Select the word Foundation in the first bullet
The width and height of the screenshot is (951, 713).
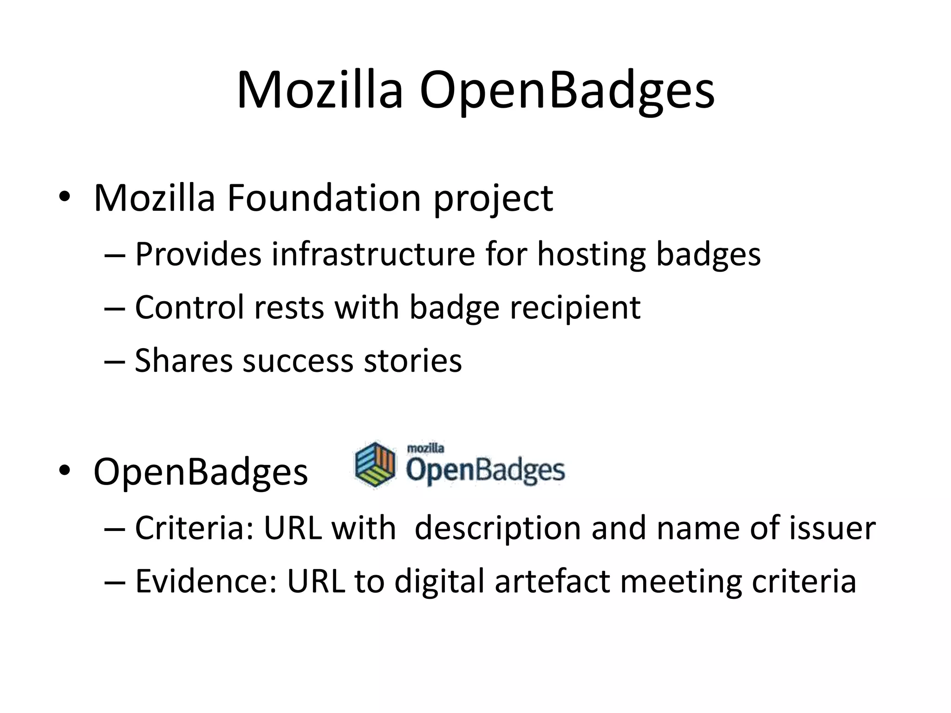[324, 198]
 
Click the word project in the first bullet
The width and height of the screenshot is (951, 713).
[493, 198]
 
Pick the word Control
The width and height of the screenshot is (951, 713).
[189, 307]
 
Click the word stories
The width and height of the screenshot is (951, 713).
[413, 361]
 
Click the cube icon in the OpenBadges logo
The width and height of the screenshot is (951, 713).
[375, 465]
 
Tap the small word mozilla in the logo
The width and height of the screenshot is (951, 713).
[425, 448]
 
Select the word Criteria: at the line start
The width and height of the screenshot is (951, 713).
[194, 528]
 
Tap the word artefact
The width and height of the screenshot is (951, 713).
[552, 581]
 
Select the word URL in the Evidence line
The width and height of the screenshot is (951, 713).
[316, 581]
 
